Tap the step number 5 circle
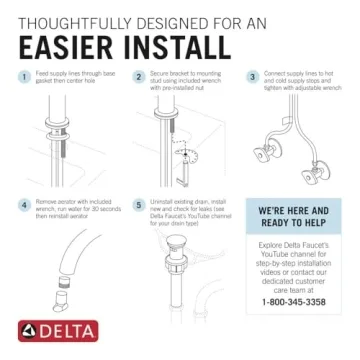[x=138, y=204]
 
